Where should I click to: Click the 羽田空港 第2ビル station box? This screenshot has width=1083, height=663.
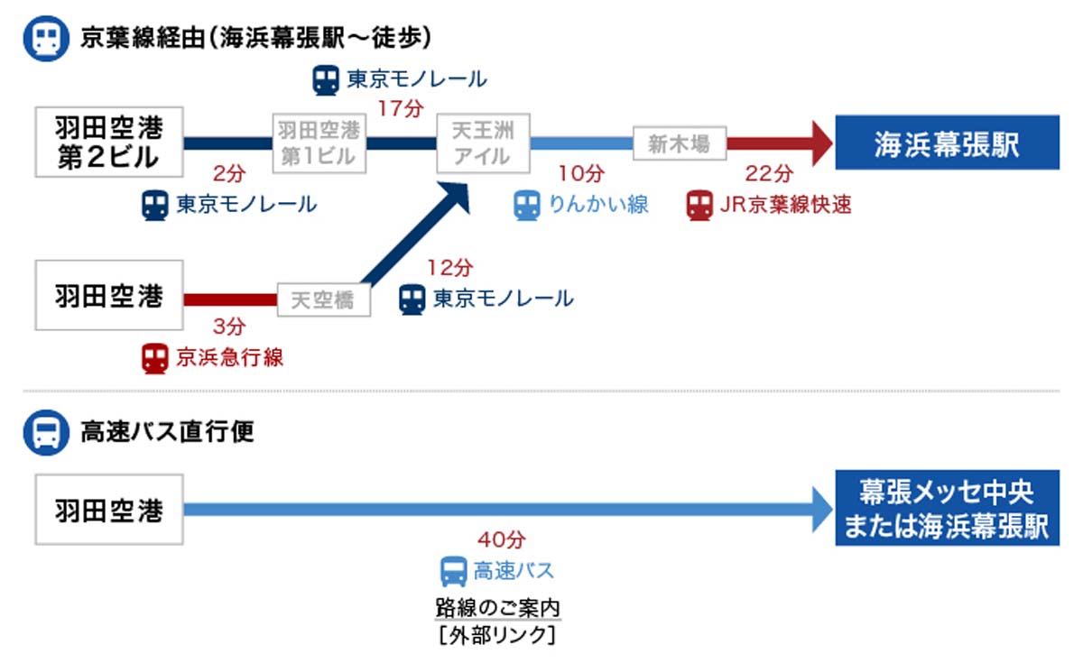108,143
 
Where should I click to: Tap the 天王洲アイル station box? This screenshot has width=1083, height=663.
483,143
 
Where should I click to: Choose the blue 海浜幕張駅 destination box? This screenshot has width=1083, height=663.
947,143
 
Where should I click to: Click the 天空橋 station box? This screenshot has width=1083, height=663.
324,299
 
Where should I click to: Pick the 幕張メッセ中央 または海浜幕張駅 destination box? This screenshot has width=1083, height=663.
947,510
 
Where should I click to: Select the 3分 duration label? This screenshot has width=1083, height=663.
226,327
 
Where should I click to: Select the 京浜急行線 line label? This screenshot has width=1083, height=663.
229,358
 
